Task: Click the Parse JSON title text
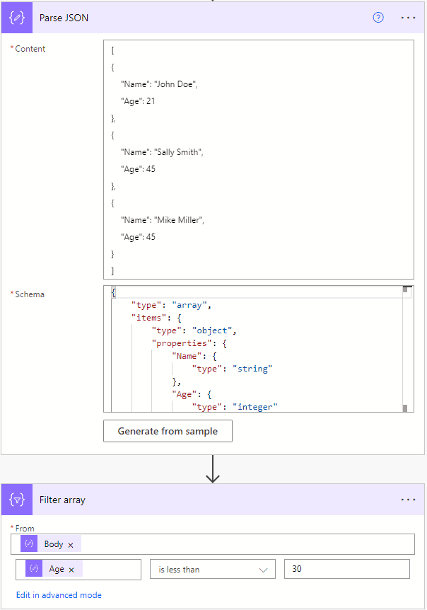coord(64,18)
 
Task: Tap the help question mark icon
coord(378,18)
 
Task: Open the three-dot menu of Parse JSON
coord(408,18)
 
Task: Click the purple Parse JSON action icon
coord(18,18)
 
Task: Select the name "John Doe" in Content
coord(172,84)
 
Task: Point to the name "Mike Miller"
coord(177,220)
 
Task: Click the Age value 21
coord(151,101)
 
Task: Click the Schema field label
coord(30,294)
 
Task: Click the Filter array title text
coord(62,500)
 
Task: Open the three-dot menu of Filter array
coord(408,500)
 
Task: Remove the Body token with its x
coord(71,545)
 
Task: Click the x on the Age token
coord(71,570)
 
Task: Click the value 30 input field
coord(346,569)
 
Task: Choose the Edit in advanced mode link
coord(59,595)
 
